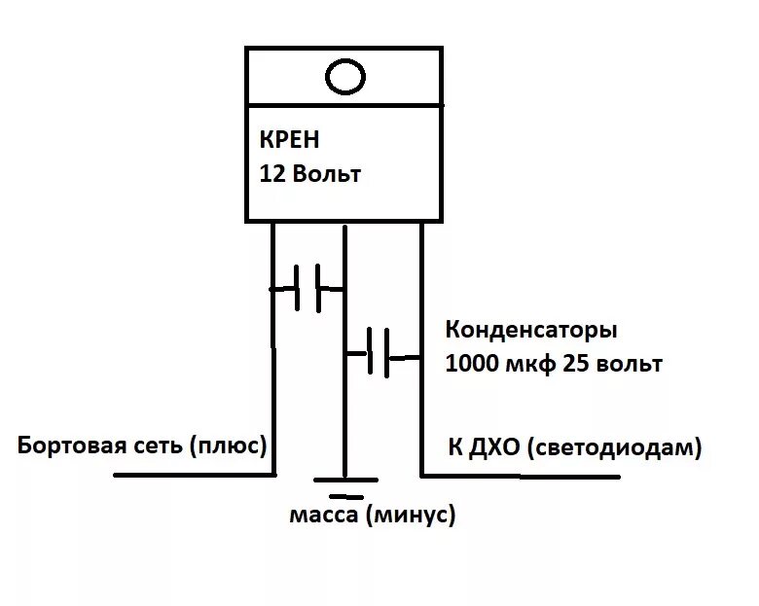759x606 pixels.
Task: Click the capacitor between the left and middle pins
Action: click(308, 289)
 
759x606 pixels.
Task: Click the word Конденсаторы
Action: click(531, 329)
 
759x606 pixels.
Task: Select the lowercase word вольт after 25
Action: click(629, 364)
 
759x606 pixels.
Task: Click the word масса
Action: click(324, 515)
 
